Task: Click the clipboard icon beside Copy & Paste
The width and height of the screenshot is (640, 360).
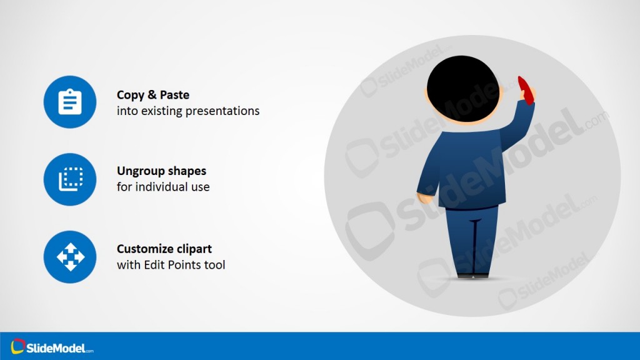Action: pyautogui.click(x=70, y=102)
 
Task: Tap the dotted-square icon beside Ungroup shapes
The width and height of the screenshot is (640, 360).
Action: pyautogui.click(x=70, y=179)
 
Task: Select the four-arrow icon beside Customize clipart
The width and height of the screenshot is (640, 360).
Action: pyautogui.click(x=70, y=257)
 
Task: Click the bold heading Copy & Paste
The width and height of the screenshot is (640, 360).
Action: pyautogui.click(x=153, y=95)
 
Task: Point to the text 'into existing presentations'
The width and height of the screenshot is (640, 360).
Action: pyautogui.click(x=188, y=111)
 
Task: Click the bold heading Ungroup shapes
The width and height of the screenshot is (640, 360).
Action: pyautogui.click(x=161, y=171)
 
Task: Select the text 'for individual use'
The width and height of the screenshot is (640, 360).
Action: pyautogui.click(x=163, y=187)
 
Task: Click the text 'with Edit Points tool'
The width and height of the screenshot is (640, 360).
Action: pyautogui.click(x=171, y=265)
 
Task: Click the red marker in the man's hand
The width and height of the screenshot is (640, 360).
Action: pyautogui.click(x=526, y=90)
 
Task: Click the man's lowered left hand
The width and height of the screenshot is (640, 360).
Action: pyautogui.click(x=425, y=199)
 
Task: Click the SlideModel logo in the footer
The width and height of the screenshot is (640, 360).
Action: pyautogui.click(x=52, y=346)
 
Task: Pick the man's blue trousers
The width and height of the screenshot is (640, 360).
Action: pyautogui.click(x=471, y=237)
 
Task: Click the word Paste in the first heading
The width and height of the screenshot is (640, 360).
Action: pyautogui.click(x=174, y=95)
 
